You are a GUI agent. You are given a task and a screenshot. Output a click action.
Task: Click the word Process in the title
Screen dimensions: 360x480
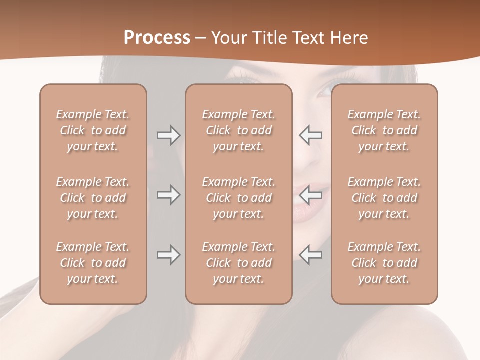(157, 38)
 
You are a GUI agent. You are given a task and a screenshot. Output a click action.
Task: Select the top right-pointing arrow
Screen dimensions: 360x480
(168, 135)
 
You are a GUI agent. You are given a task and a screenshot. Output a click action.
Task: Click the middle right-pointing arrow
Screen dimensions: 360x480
(168, 195)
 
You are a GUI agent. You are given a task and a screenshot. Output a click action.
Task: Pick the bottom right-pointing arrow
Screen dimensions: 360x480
(168, 255)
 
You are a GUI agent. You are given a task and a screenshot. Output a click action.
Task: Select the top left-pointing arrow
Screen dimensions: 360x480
(311, 135)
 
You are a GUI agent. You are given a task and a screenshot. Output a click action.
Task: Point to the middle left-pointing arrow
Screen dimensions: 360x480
(311, 195)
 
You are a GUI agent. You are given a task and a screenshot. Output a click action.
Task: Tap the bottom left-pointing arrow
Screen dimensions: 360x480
(311, 255)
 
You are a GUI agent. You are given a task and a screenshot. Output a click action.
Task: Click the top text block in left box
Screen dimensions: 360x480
(93, 130)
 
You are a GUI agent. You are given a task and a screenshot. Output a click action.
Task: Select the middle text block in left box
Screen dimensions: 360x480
(93, 198)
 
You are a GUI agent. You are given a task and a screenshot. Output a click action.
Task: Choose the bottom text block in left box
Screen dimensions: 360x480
(93, 263)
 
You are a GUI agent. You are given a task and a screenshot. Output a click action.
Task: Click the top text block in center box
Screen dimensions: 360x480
(238, 130)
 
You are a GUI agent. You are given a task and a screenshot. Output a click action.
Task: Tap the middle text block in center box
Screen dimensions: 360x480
(238, 198)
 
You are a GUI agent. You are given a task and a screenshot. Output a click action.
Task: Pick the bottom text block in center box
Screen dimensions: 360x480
(238, 263)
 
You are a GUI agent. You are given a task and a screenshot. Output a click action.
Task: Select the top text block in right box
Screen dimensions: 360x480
(384, 130)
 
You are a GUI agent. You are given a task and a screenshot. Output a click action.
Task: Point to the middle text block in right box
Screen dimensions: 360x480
(384, 198)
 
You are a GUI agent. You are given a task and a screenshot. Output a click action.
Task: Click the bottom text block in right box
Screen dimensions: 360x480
(384, 263)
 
